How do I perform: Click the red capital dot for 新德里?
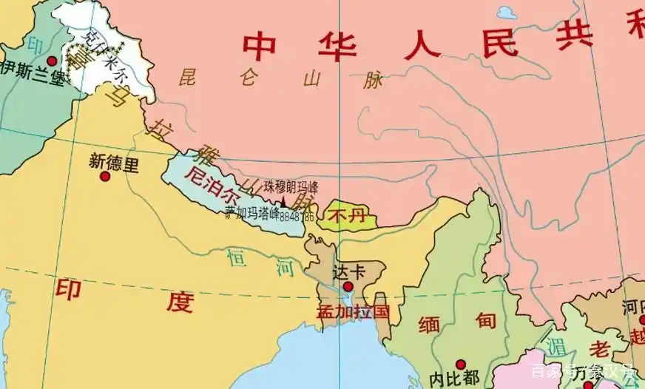click(x=105, y=177)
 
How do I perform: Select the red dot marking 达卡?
click(x=348, y=285)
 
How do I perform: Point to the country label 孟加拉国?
click(x=352, y=311)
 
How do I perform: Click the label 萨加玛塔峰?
click(x=253, y=213)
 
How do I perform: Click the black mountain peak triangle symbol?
click(x=283, y=201)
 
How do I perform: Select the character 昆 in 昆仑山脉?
click(x=190, y=75)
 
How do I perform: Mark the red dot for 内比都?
click(x=461, y=364)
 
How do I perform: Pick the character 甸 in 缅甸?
click(x=485, y=321)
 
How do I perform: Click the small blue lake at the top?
click(x=507, y=13)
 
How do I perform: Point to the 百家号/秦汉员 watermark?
click(x=584, y=371)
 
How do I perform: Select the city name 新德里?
click(x=113, y=163)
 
